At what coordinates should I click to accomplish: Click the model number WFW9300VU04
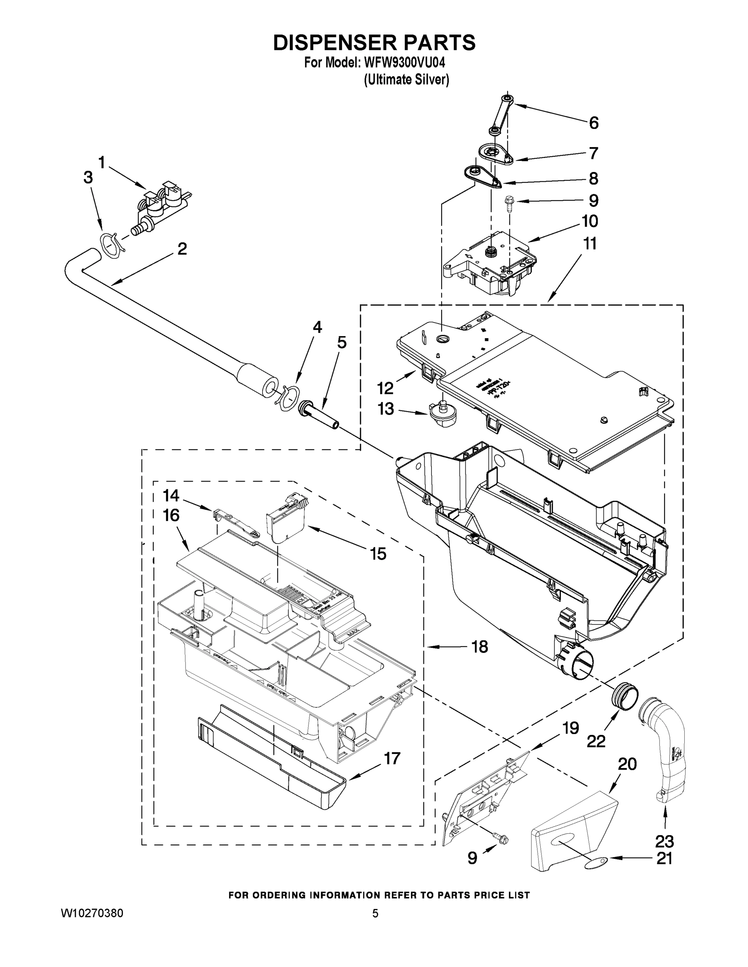point(404,62)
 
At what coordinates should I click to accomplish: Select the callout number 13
point(385,409)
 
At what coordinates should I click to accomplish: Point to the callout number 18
point(479,647)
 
